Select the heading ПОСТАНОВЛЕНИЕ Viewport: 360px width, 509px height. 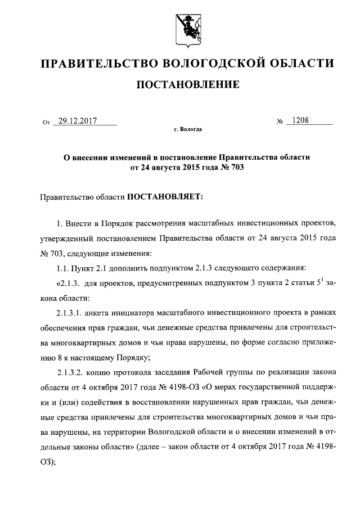(x=188, y=85)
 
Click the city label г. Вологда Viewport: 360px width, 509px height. (x=188, y=129)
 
